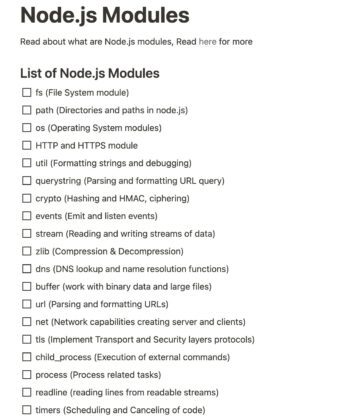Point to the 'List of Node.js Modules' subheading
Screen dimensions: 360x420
pyautogui.click(x=88, y=73)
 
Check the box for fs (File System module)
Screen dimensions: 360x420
pyautogui.click(x=26, y=93)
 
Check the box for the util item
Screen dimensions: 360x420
pyautogui.click(x=26, y=163)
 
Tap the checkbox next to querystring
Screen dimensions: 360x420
pyautogui.click(x=26, y=181)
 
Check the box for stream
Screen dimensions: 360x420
pyautogui.click(x=26, y=234)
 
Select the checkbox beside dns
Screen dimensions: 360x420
pyautogui.click(x=26, y=269)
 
